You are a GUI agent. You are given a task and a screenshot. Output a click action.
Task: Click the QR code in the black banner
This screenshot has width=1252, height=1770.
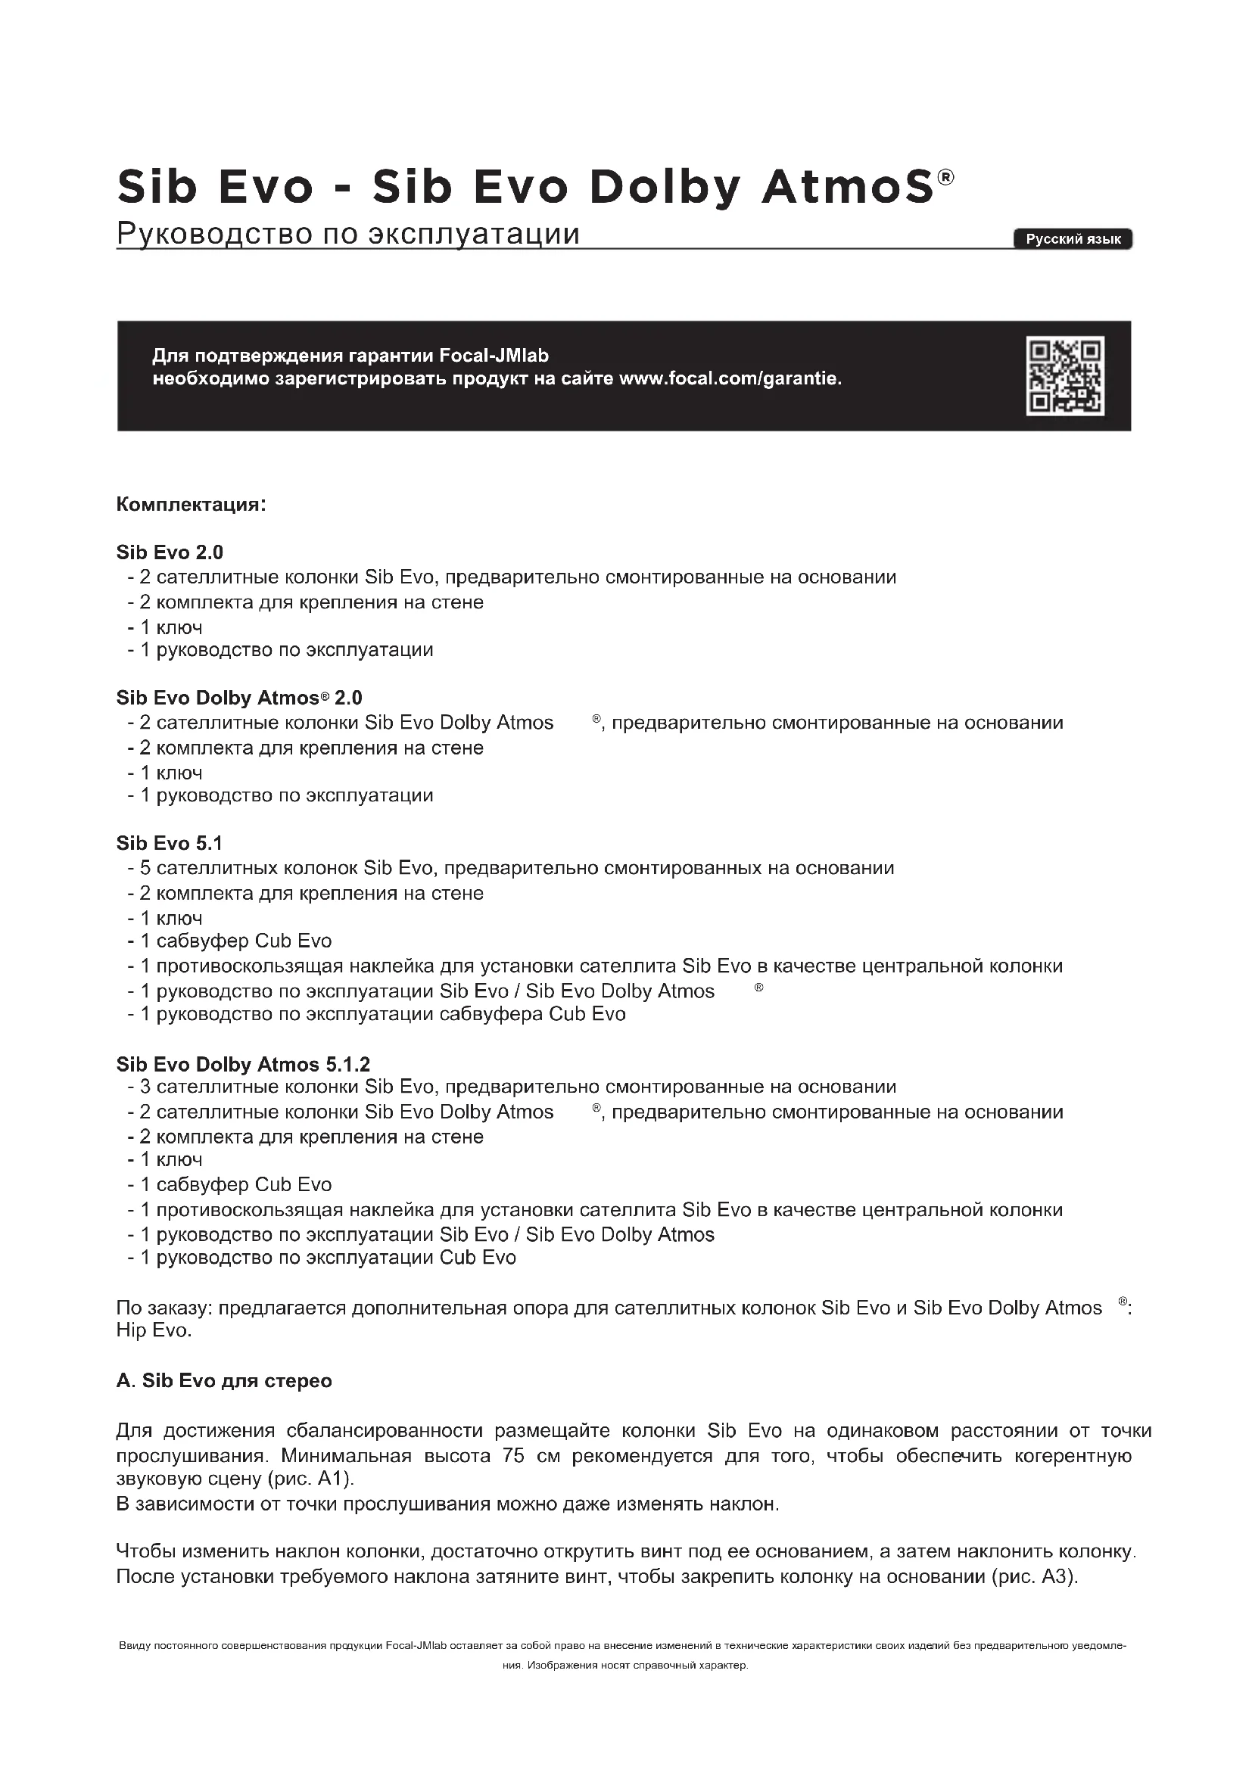pyautogui.click(x=1065, y=377)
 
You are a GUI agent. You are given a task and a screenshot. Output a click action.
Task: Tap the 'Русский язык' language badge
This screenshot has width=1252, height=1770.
pyautogui.click(x=1073, y=239)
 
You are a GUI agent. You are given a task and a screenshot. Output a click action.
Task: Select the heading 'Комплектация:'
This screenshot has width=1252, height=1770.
pyautogui.click(x=192, y=505)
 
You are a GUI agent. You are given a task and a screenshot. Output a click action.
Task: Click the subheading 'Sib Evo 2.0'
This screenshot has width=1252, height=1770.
pyautogui.click(x=170, y=552)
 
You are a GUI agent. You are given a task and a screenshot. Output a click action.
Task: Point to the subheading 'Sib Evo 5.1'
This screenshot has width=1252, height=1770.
pyautogui.click(x=170, y=842)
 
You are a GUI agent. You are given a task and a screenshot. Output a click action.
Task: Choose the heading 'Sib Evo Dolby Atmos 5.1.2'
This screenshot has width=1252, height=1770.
pyautogui.click(x=243, y=1064)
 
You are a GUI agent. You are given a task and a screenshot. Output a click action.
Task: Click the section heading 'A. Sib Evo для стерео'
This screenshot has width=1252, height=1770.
pyautogui.click(x=223, y=1380)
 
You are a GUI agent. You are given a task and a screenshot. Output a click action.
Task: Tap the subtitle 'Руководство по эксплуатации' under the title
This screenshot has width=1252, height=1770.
pyautogui.click(x=347, y=233)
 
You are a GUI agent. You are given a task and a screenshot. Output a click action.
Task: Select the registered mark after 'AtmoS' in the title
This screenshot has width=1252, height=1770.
pyautogui.click(x=945, y=178)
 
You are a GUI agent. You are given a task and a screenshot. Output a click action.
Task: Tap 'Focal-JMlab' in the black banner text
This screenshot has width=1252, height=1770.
pyautogui.click(x=494, y=356)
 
